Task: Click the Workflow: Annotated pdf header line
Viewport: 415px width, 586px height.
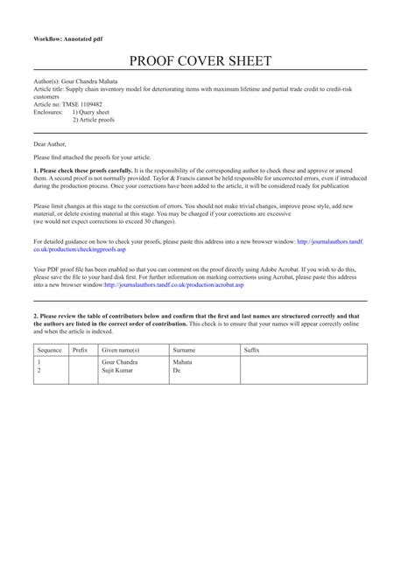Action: coord(67,40)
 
